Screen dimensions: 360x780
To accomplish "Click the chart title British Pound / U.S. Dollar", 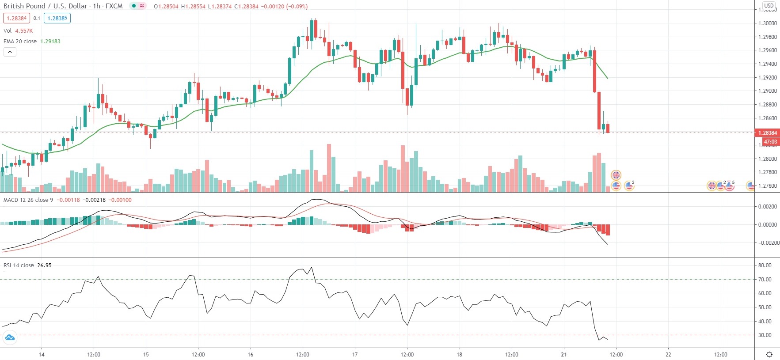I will pyautogui.click(x=45, y=6).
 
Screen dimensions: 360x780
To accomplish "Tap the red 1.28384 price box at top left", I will pyautogui.click(x=16, y=19).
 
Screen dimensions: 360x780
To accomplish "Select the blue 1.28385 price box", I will pyautogui.click(x=57, y=19).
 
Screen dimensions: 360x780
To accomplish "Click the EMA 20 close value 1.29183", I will pyautogui.click(x=50, y=42).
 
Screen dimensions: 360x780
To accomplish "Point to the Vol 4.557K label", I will pyautogui.click(x=18, y=31).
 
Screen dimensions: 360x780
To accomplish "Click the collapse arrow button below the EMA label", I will pyautogui.click(x=10, y=52).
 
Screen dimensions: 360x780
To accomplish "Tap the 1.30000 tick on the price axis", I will pyautogui.click(x=768, y=23).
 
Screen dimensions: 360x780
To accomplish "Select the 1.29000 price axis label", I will pyautogui.click(x=768, y=91).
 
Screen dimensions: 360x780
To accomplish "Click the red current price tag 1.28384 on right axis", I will pyautogui.click(x=768, y=133).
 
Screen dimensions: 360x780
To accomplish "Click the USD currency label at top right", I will pyautogui.click(x=769, y=6).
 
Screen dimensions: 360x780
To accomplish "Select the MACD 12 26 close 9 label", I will pyautogui.click(x=28, y=200).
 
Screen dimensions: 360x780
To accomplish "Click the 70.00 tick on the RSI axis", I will pyautogui.click(x=765, y=280).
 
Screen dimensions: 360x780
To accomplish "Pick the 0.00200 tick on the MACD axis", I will pyautogui.click(x=768, y=207).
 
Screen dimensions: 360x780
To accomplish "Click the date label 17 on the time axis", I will pyautogui.click(x=355, y=354).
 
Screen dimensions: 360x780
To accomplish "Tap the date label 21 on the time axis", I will pyautogui.click(x=564, y=354).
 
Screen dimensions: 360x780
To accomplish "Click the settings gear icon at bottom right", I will pyautogui.click(x=769, y=354).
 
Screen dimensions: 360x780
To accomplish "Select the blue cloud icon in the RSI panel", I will pyautogui.click(x=9, y=338).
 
